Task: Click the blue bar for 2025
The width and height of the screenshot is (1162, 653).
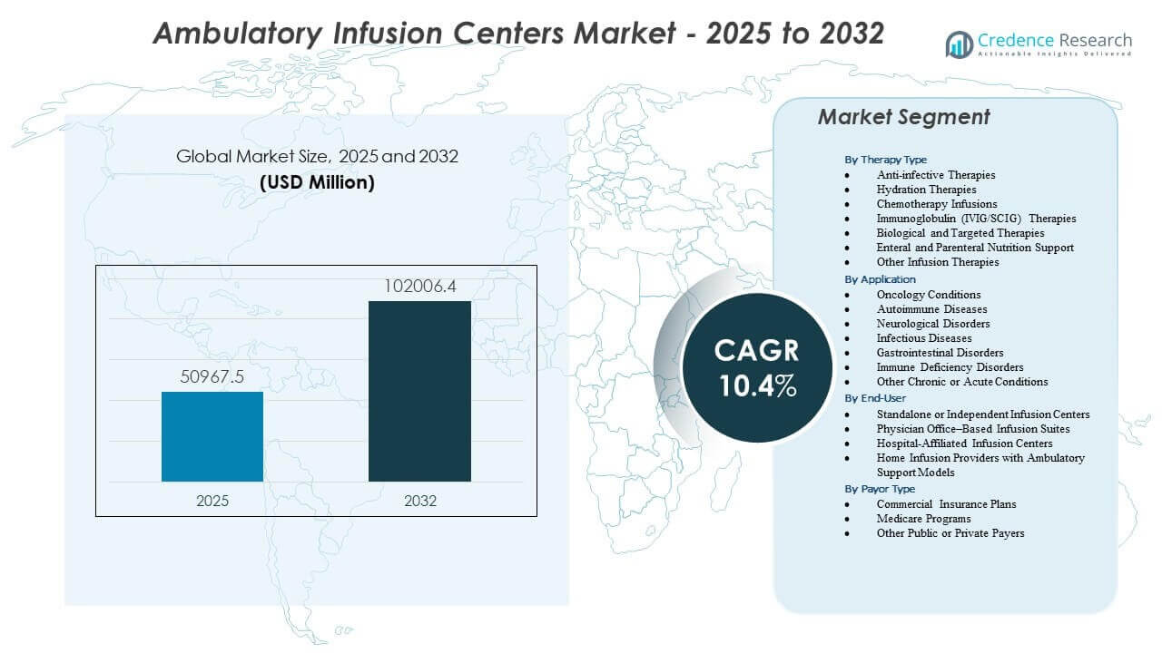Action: [x=212, y=436]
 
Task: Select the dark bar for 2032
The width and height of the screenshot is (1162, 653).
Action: [x=419, y=391]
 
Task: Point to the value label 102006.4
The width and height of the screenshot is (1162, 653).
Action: [x=419, y=286]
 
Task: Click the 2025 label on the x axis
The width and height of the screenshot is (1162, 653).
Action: [x=212, y=501]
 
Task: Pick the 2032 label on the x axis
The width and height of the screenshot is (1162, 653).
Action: [x=419, y=501]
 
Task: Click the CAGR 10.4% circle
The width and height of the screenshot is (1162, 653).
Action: [x=757, y=367]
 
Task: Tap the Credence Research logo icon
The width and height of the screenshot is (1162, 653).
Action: [x=959, y=44]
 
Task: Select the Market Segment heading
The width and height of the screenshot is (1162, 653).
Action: [x=903, y=117]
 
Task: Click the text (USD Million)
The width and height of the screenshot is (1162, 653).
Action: [x=317, y=182]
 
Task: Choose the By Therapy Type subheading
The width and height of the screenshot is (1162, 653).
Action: [x=885, y=160]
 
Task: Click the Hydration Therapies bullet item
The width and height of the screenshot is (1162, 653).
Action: [x=926, y=190]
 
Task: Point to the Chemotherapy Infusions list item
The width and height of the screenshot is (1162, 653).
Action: [x=936, y=204]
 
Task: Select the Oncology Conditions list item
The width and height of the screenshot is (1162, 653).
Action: [x=928, y=295]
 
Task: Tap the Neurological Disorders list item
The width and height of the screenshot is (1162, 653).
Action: [x=932, y=324]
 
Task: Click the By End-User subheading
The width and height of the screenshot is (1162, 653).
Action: [x=875, y=398]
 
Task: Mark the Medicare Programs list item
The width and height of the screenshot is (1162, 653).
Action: [x=923, y=519]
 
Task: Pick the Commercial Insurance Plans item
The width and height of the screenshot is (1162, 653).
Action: [x=946, y=504]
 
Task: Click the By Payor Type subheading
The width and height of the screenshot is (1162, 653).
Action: [x=879, y=489]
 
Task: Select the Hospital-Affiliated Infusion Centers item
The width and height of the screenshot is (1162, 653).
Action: [x=964, y=443]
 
